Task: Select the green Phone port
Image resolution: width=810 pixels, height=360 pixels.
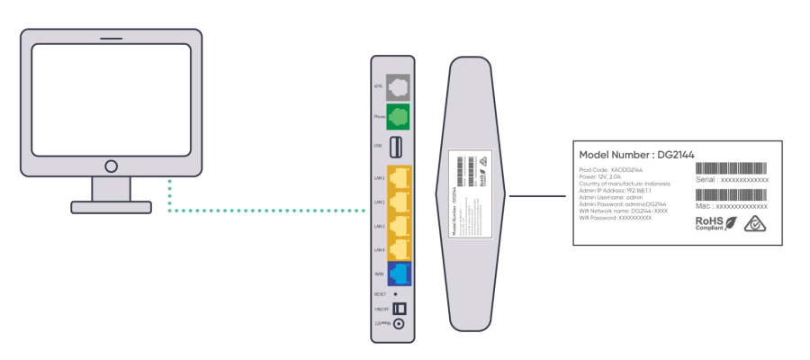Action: click(398, 117)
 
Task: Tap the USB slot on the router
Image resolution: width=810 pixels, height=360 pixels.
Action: click(398, 146)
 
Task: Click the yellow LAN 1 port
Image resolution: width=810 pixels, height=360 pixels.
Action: click(399, 178)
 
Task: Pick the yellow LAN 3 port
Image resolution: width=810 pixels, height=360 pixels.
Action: click(399, 226)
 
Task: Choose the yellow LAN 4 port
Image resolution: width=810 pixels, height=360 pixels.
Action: click(399, 249)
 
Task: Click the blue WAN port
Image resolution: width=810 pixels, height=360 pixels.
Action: click(399, 273)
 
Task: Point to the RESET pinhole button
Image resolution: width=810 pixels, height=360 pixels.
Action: click(395, 293)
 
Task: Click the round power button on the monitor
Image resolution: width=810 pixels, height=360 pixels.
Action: click(111, 166)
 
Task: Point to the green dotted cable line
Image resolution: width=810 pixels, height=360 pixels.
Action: click(270, 211)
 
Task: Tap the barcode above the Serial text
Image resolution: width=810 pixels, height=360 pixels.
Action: click(732, 169)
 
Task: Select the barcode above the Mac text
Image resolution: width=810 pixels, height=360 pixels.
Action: click(732, 194)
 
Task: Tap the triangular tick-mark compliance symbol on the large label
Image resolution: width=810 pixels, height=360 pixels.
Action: click(753, 222)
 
